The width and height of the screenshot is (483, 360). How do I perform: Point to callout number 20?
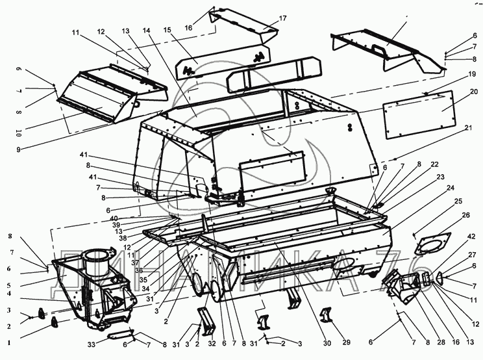coord(474,91)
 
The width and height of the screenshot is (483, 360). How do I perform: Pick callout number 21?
coord(468,129)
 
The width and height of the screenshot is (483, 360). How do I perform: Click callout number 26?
coord(465,215)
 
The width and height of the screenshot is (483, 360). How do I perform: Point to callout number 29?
coord(346,342)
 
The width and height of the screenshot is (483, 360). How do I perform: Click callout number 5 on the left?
coord(8,284)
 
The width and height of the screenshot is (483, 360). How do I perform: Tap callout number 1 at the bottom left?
coord(8,341)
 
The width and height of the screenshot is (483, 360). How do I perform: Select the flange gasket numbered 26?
coord(431,244)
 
